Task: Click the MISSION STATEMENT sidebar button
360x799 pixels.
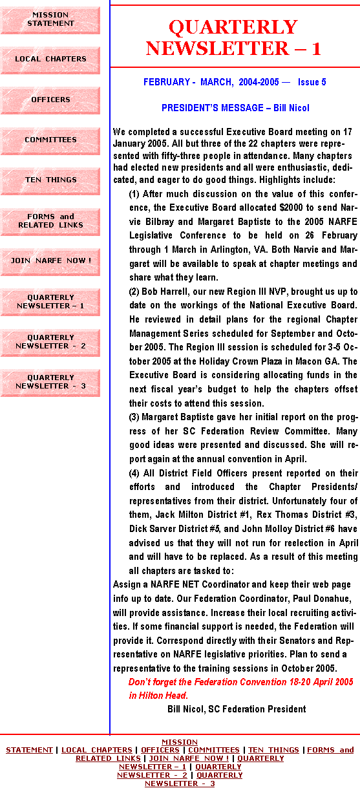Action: [x=50, y=20]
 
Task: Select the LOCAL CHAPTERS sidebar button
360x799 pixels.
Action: [x=50, y=60]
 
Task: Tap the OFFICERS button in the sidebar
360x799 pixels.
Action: [x=50, y=101]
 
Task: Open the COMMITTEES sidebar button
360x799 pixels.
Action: [x=50, y=141]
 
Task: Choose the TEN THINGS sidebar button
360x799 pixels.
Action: [x=50, y=181]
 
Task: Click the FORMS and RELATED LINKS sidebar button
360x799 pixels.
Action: [x=50, y=222]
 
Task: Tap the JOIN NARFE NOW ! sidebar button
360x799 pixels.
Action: [x=50, y=262]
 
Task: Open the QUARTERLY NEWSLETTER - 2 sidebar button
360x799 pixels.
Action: [x=50, y=343]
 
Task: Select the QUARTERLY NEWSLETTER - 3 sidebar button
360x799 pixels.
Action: [x=50, y=383]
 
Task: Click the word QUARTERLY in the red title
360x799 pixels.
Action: [x=233, y=27]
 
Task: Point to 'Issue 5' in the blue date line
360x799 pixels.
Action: [x=312, y=82]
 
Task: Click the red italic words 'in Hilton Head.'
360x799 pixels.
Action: [x=158, y=695]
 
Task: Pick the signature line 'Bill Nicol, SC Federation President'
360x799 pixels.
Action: [x=237, y=708]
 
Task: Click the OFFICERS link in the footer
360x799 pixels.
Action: [x=160, y=750]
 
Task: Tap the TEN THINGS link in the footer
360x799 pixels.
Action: [x=273, y=750]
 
